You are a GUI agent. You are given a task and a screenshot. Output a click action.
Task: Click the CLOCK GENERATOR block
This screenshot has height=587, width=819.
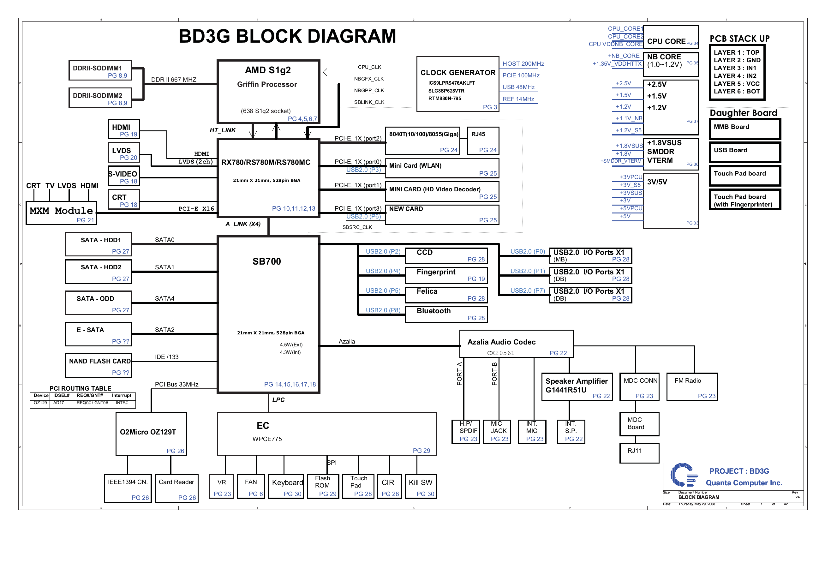click(457, 84)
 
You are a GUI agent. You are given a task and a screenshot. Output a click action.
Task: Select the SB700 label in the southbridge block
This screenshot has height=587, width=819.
click(266, 261)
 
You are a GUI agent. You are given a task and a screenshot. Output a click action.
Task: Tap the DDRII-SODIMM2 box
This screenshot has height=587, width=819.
click(100, 98)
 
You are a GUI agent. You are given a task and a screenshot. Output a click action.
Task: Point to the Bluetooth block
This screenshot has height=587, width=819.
click(446, 314)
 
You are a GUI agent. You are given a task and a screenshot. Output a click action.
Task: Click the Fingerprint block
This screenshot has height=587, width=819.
click(446, 275)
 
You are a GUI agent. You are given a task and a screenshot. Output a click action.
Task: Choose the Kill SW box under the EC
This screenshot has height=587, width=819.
click(420, 486)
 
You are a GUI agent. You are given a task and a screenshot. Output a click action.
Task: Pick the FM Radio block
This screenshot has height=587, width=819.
click(692, 387)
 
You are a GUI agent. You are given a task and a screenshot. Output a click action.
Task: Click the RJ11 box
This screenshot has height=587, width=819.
click(639, 453)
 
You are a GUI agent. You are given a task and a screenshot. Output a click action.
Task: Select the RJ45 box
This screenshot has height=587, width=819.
click(483, 141)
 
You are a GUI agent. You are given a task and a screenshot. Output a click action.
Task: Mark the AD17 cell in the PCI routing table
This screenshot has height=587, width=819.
click(58, 403)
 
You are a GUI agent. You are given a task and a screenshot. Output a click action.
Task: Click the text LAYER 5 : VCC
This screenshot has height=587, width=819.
click(736, 84)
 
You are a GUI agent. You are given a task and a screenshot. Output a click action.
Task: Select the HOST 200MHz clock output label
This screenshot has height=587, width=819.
click(523, 64)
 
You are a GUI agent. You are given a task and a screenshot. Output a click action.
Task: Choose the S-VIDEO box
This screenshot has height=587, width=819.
click(123, 176)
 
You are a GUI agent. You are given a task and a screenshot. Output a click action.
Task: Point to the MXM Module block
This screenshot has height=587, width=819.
click(61, 213)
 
